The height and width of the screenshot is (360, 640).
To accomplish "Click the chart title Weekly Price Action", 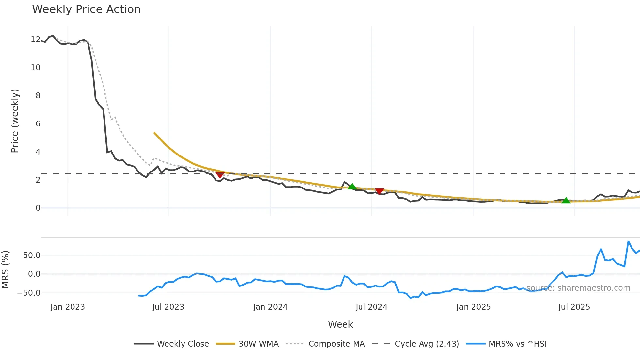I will [x=86, y=9].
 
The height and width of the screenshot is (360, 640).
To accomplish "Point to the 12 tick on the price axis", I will [x=35, y=40].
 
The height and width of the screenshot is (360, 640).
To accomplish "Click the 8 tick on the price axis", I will [x=38, y=96].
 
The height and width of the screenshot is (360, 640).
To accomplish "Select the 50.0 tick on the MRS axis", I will [x=32, y=255].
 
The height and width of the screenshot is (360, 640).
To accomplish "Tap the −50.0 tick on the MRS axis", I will [x=29, y=293].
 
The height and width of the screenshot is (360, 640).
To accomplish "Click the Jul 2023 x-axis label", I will [x=168, y=307].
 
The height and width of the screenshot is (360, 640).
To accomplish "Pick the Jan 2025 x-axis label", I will [x=473, y=307].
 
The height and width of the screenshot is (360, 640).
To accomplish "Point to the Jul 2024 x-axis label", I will [x=371, y=307].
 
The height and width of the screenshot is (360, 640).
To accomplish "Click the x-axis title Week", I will [x=340, y=324].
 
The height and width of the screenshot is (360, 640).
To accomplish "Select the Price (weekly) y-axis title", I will [x=15, y=121].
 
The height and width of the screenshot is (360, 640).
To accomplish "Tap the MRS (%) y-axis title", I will [x=5, y=270].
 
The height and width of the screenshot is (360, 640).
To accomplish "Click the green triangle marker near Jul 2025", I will [x=566, y=200].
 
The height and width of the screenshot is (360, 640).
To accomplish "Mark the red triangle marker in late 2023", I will [x=220, y=175].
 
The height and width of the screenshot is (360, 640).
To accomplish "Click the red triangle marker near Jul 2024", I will [x=379, y=191].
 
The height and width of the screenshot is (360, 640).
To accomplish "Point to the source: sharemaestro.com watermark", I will [x=578, y=288].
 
